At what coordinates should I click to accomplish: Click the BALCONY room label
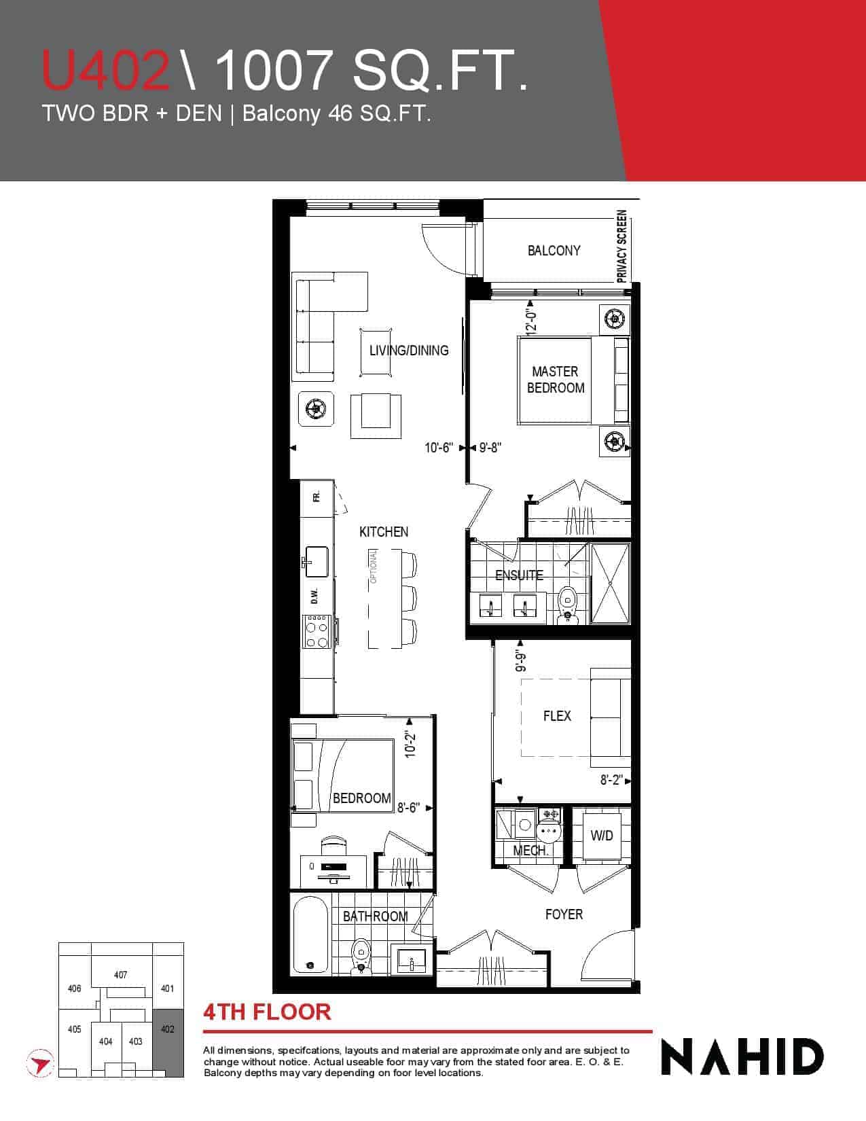point(554,251)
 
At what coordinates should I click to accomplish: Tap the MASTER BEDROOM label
point(556,379)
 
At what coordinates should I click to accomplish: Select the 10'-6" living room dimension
point(438,447)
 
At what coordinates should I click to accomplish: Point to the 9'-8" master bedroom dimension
point(490,447)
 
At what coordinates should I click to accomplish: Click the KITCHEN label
point(384,532)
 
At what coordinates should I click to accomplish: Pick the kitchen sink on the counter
point(317,561)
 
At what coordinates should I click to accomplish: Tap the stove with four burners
point(317,631)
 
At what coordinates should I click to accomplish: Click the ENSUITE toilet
point(568,603)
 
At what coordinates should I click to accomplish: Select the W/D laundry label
point(601,836)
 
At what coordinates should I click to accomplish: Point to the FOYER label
point(564,914)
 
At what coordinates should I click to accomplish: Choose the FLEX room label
point(557,715)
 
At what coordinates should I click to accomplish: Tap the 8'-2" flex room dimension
point(611,779)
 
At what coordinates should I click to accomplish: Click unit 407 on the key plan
point(120,974)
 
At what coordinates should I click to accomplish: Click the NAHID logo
point(742,1058)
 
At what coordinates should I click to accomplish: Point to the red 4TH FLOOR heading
point(267,1012)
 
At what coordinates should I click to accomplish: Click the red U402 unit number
point(106,70)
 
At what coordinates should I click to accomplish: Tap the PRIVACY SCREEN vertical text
point(622,246)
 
